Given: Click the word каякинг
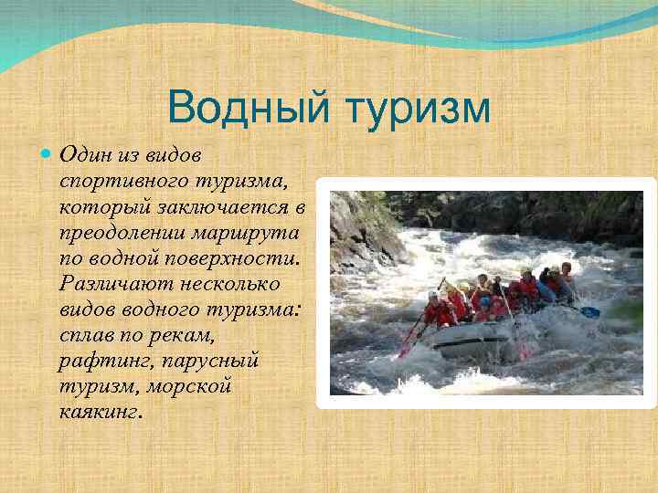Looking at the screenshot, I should point(100,412).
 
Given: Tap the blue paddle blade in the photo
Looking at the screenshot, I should point(591,312).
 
